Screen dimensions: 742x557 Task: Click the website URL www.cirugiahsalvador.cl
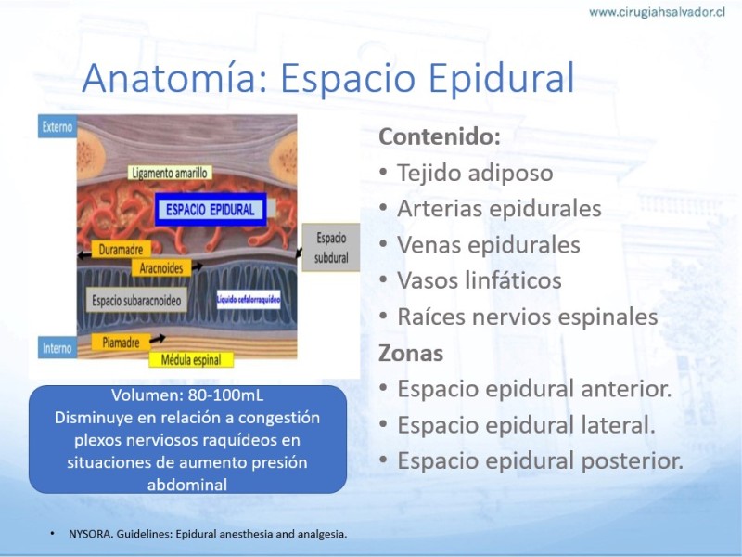click(x=657, y=12)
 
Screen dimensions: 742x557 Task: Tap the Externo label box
click(x=58, y=126)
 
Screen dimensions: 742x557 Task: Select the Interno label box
click(x=58, y=348)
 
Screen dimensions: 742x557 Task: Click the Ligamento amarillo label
click(x=170, y=173)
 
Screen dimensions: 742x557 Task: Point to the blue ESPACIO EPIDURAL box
click(x=211, y=210)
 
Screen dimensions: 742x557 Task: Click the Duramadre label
click(x=121, y=249)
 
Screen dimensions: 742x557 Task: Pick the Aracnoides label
click(x=160, y=268)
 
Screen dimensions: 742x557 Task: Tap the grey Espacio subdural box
click(x=331, y=248)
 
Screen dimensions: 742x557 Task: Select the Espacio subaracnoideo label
click(x=136, y=300)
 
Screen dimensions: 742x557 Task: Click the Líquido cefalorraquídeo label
click(x=249, y=299)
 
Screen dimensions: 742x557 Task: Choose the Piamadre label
click(x=121, y=342)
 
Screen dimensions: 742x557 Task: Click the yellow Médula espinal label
click(x=191, y=360)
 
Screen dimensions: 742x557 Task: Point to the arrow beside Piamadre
click(x=158, y=339)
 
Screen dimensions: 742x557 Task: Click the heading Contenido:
click(x=440, y=136)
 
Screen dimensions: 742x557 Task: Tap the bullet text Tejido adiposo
click(x=475, y=173)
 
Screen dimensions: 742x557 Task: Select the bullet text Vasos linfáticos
click(x=480, y=280)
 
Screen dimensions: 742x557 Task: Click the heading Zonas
click(x=411, y=354)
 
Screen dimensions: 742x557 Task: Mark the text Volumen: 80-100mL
click(x=187, y=395)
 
